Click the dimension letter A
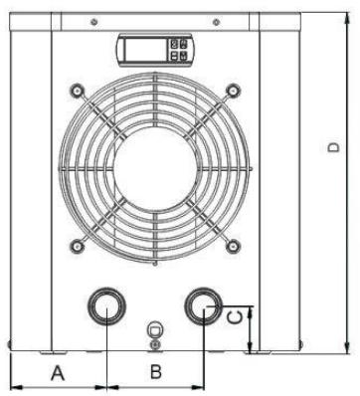tap(58, 372)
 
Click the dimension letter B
tap(156, 372)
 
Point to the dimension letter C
tap(235, 317)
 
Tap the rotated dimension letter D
tap(333, 147)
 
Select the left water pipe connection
tap(106, 306)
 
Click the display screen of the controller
tap(144, 50)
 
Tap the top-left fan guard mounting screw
tap(77, 91)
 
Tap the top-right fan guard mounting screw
tap(234, 90)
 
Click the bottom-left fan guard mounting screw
tap(77, 246)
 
